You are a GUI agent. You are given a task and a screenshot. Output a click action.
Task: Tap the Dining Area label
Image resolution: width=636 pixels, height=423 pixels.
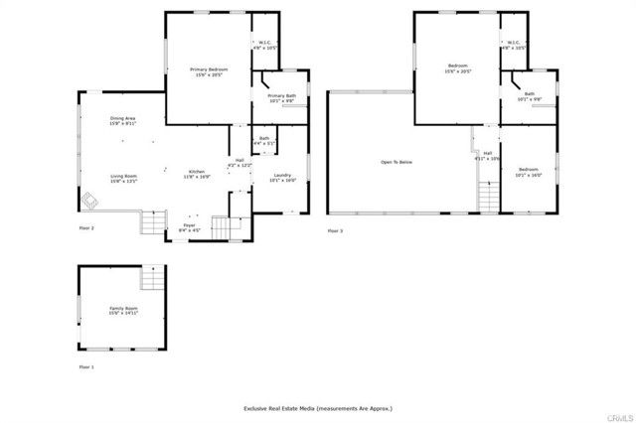click(x=124, y=121)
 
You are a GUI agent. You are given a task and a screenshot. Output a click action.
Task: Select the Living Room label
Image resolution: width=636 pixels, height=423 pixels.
click(x=124, y=179)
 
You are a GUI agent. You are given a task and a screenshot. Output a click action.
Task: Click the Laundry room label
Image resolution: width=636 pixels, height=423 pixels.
click(x=283, y=179)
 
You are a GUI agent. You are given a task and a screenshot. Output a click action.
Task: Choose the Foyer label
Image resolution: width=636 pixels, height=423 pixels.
click(x=189, y=227)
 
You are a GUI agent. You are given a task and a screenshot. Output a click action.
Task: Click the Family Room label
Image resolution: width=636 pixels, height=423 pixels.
click(x=123, y=312)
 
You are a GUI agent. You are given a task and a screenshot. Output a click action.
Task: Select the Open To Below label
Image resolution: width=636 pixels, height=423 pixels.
click(x=396, y=162)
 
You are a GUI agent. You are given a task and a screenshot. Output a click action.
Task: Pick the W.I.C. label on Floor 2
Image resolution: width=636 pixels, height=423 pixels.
click(x=265, y=45)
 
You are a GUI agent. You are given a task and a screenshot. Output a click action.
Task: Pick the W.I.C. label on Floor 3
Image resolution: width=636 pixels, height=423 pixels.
click(x=514, y=45)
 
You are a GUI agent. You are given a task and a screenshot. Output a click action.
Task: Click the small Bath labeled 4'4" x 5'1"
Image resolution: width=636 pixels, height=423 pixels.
click(x=264, y=141)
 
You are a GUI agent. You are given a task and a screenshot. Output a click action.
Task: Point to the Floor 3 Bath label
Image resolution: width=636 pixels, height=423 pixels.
click(x=530, y=95)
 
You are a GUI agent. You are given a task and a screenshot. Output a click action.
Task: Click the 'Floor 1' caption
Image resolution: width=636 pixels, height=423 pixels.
click(x=86, y=367)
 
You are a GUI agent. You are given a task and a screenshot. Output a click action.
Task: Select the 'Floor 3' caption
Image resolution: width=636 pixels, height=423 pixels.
click(x=335, y=230)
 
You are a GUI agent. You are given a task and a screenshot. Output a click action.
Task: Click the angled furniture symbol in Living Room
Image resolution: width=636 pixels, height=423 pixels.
click(x=89, y=202)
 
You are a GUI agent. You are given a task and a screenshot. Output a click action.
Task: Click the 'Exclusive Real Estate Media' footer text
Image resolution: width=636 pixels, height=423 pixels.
click(x=318, y=408)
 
